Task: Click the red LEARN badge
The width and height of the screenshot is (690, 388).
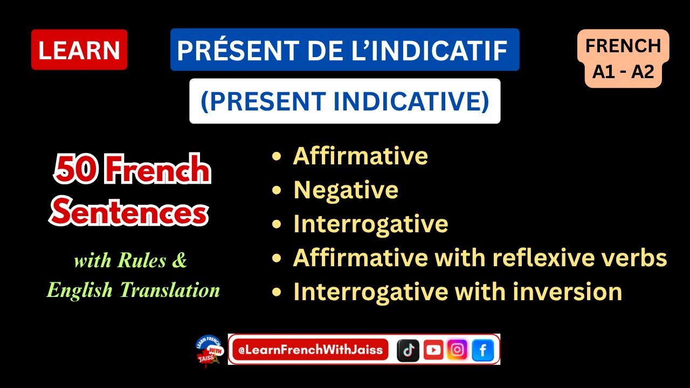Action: click(x=79, y=50)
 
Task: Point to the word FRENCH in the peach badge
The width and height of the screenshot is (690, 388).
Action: click(x=623, y=46)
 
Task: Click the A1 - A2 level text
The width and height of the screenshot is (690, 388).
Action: click(x=623, y=71)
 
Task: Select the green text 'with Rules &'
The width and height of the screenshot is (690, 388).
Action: click(x=130, y=261)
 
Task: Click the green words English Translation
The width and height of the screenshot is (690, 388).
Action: click(x=133, y=290)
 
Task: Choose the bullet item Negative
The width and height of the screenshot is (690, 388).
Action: click(x=346, y=190)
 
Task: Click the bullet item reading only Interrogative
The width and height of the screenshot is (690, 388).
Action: click(x=370, y=224)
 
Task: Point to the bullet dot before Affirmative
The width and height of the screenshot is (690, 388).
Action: click(x=277, y=156)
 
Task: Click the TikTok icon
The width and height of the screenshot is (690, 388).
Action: click(x=408, y=350)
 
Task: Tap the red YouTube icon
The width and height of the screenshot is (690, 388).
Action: click(x=433, y=350)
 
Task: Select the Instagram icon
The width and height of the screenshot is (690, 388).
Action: click(x=458, y=350)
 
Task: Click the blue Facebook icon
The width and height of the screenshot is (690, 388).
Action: click(x=482, y=350)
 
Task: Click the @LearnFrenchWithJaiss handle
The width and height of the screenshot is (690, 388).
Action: click(x=310, y=350)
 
